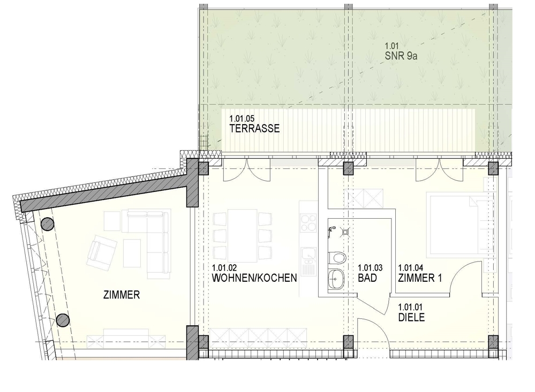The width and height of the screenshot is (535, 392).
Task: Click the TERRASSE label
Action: tap(254, 128)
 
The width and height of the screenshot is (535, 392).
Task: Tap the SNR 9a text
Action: tap(401, 56)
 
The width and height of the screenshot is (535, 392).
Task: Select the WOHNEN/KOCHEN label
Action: tap(254, 278)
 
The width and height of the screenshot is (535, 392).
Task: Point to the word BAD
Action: tap(367, 278)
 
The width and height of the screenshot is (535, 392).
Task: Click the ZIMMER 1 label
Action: tap(420, 278)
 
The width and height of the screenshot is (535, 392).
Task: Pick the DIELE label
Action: tap(411, 317)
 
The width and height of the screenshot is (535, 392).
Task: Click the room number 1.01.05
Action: tap(242, 119)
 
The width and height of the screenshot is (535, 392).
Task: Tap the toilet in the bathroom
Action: tap(337, 258)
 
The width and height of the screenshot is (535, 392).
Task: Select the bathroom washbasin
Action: tap(336, 279)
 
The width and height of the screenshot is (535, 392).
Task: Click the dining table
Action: tap(242, 235)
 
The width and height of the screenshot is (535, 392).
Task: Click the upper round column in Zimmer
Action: tap(47, 224)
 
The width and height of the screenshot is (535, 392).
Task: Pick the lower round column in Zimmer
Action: tap(63, 320)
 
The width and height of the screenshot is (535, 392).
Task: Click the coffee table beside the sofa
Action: tap(132, 253)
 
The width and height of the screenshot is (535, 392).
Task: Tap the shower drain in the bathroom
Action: tap(345, 232)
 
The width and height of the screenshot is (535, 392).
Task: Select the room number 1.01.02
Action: tap(224, 268)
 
